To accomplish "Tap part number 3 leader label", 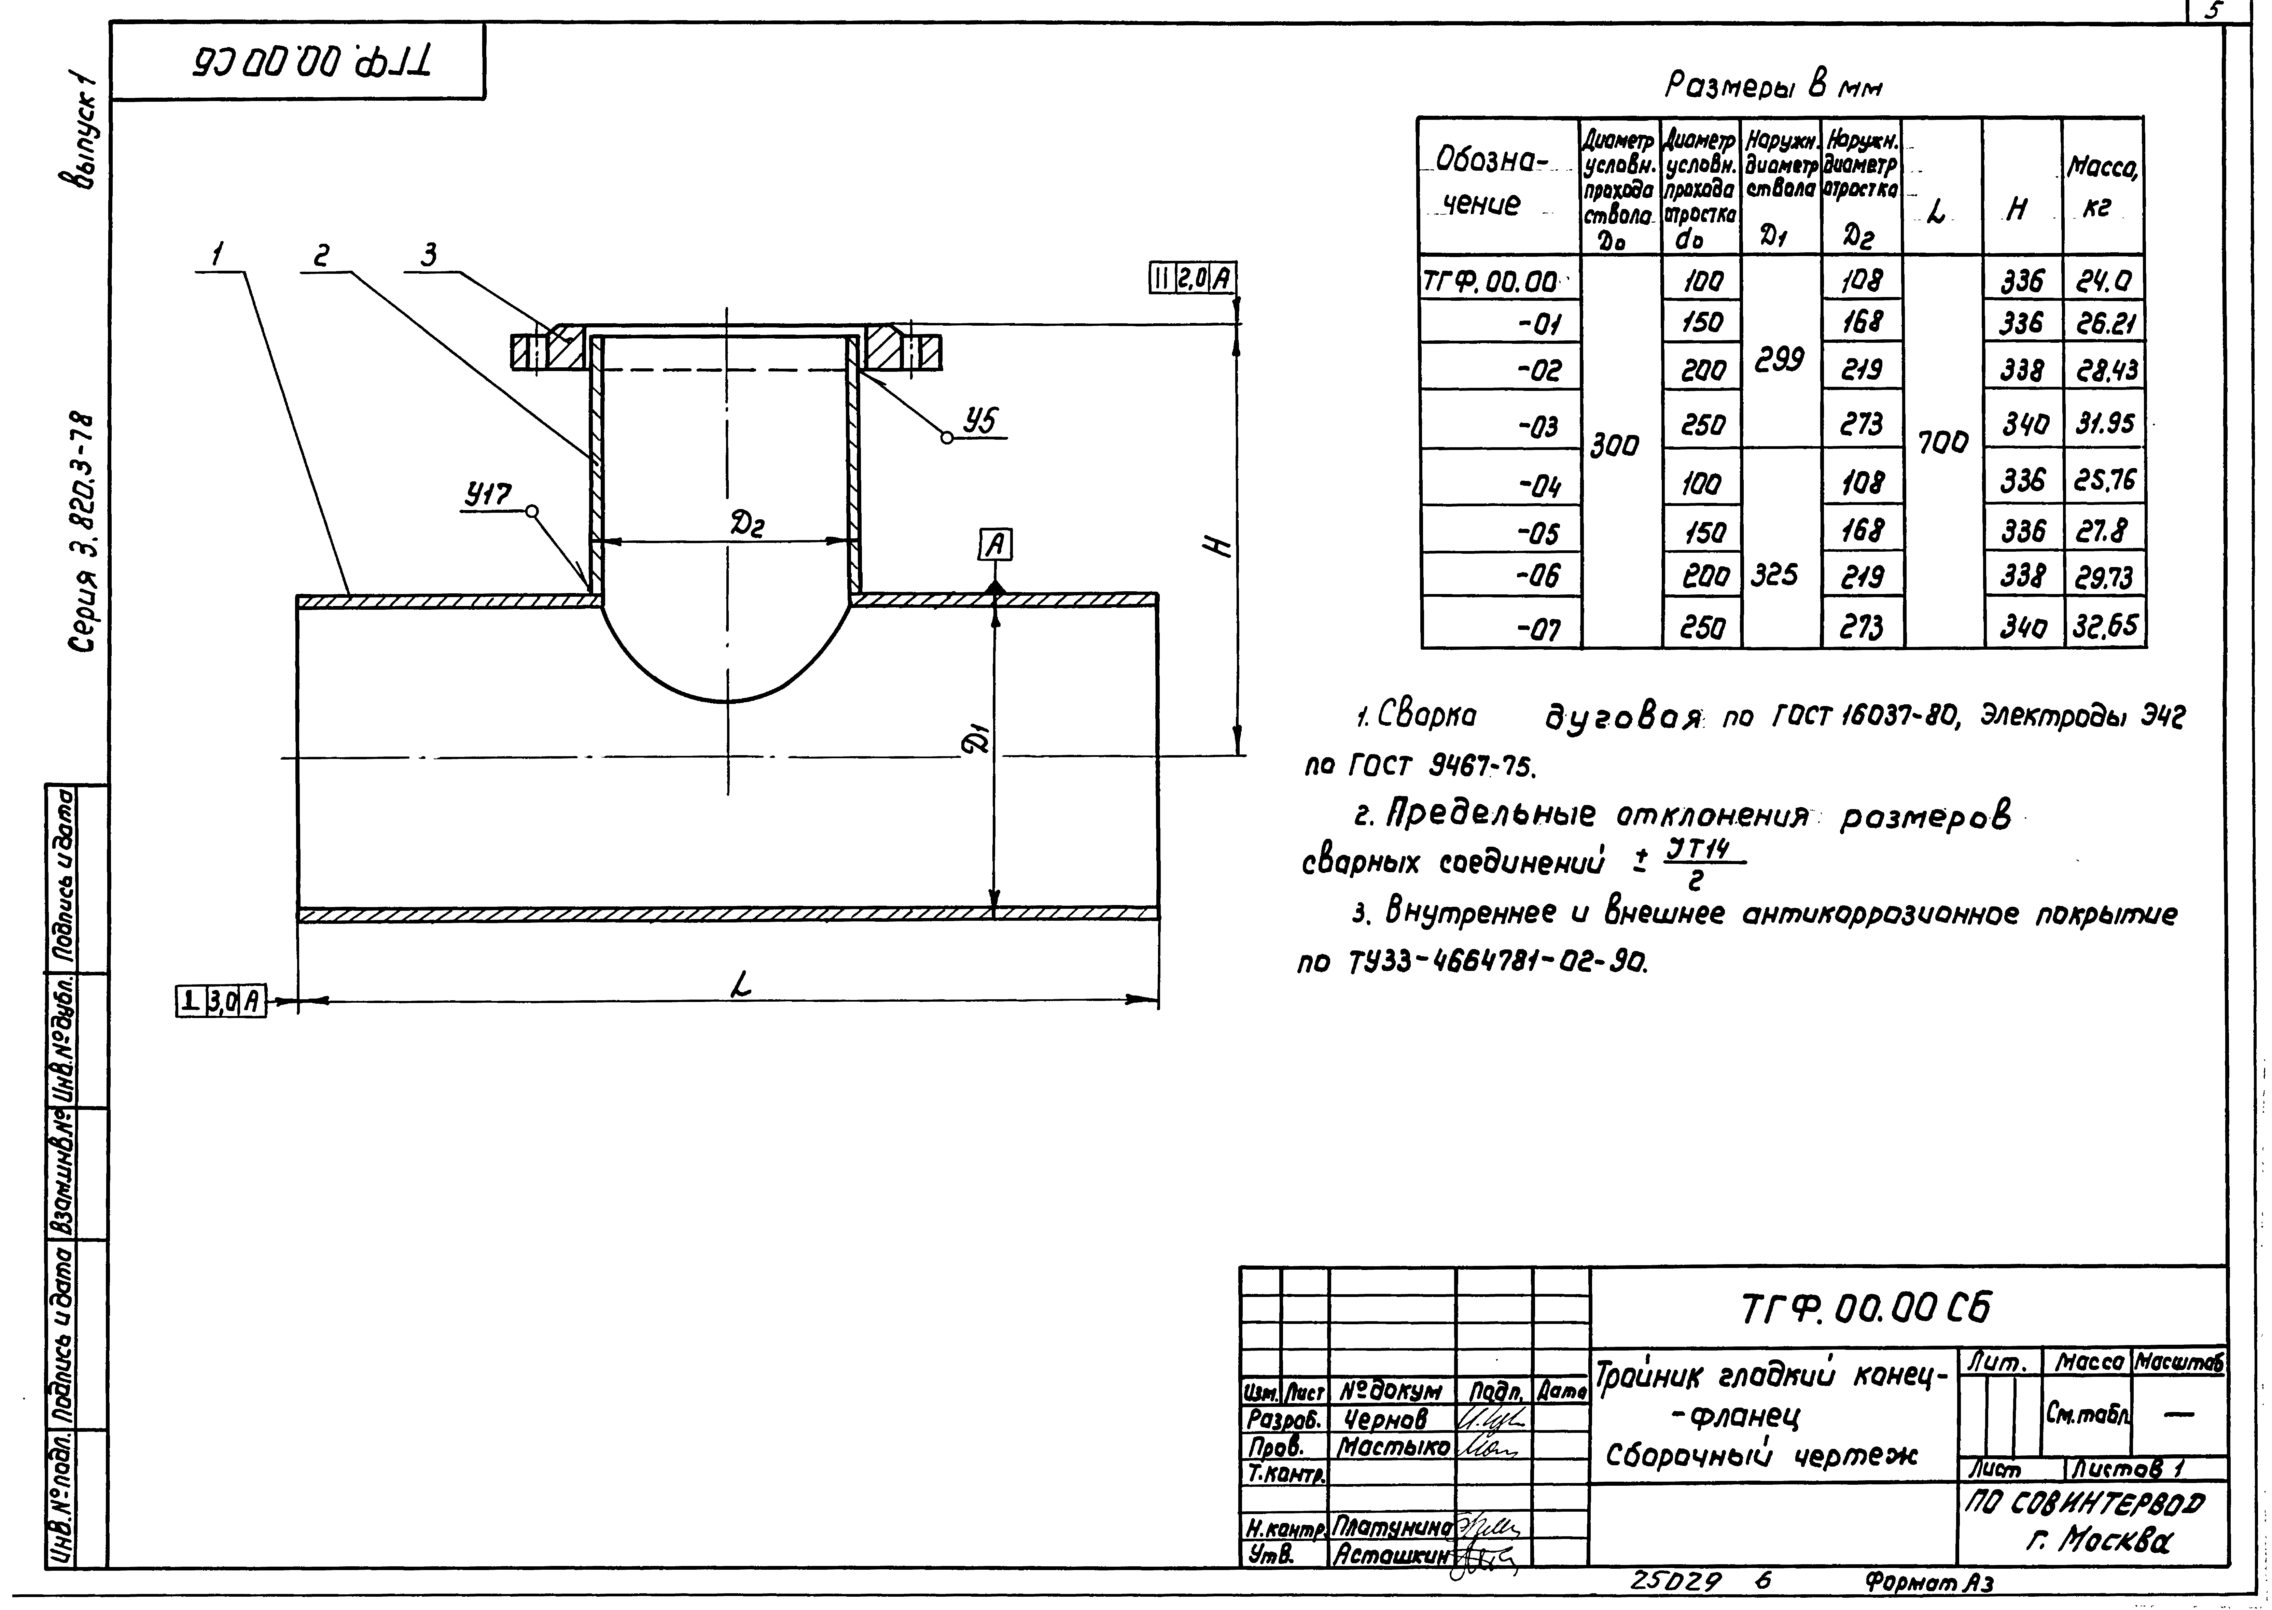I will [x=429, y=257].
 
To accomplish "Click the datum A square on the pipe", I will [x=996, y=544].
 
